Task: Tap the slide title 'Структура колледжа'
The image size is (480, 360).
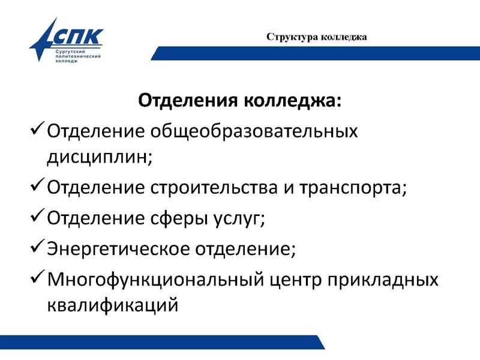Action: pos(317,37)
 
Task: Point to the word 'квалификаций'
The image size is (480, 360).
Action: pos(112,305)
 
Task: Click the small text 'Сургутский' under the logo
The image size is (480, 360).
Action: pos(68,53)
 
